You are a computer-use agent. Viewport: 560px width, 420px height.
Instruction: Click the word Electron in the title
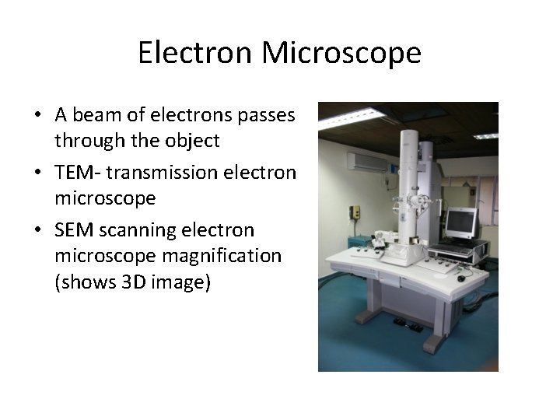pyautogui.click(x=195, y=53)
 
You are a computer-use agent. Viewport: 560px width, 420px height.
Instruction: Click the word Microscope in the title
pyautogui.click(x=341, y=53)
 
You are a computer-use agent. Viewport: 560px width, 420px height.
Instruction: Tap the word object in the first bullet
pyautogui.click(x=194, y=141)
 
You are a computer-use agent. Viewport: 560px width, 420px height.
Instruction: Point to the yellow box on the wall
pyautogui.click(x=355, y=212)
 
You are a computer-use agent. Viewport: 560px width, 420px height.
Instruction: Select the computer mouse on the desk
pyautogui.click(x=461, y=278)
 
